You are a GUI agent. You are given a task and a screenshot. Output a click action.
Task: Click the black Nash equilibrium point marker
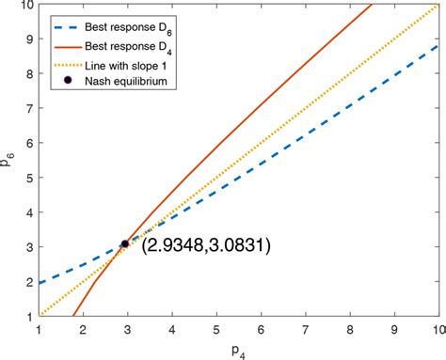click(x=125, y=243)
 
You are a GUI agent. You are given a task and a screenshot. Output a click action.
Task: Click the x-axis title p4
click(x=238, y=350)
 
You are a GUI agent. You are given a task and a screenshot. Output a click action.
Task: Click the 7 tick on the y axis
click(x=28, y=108)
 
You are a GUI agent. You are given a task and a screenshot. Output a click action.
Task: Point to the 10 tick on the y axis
click(x=24, y=5)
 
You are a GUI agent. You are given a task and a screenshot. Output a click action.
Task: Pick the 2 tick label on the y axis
click(x=28, y=281)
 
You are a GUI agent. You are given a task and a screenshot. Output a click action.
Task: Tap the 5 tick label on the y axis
click(x=28, y=178)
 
